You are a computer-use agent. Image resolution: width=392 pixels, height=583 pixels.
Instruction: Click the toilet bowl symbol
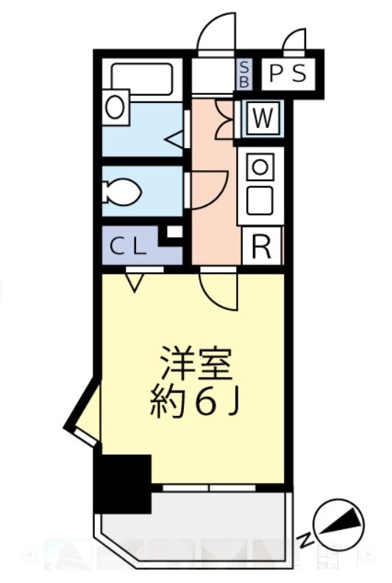[121, 193]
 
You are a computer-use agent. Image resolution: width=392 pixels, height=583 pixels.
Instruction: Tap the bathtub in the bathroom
[143, 77]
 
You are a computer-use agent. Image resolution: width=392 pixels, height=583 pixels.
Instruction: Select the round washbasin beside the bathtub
[115, 107]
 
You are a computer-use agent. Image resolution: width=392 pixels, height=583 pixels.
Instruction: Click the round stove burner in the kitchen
[260, 166]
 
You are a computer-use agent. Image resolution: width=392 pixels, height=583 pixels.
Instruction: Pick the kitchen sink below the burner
[260, 199]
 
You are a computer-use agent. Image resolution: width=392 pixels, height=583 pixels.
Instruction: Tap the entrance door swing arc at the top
[218, 33]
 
